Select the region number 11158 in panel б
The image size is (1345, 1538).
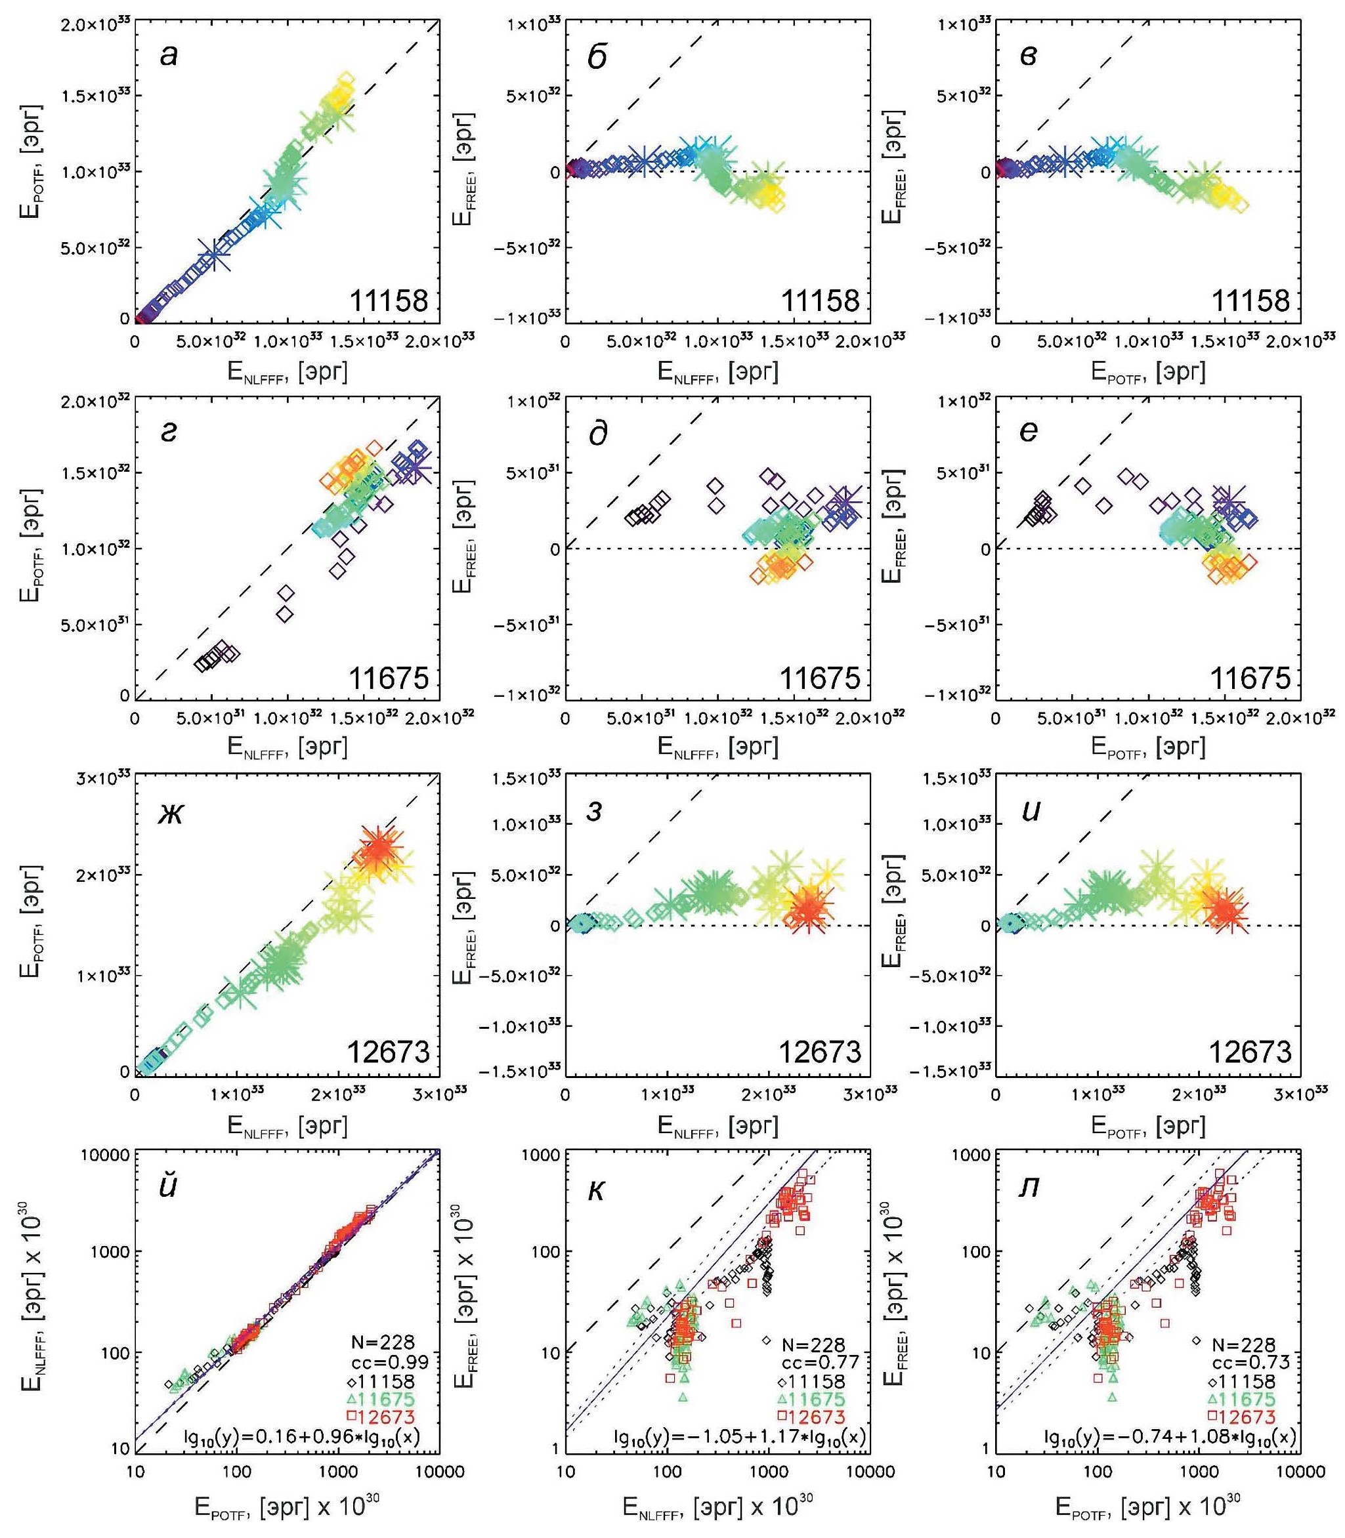[x=820, y=301]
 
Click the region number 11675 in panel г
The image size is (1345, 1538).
[x=389, y=678]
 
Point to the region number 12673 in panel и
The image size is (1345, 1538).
[x=1250, y=1052]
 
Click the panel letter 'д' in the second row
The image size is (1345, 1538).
[x=598, y=434]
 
